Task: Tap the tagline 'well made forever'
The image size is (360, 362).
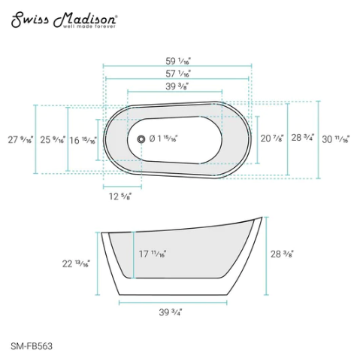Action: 89,28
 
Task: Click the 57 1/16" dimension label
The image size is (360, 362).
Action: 178,74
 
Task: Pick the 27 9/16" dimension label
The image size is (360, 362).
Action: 20,139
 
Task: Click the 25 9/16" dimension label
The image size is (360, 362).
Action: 53,139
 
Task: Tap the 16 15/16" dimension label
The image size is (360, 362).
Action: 83,139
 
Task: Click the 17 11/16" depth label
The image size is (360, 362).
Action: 153,254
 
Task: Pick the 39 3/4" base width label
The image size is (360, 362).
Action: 171,312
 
